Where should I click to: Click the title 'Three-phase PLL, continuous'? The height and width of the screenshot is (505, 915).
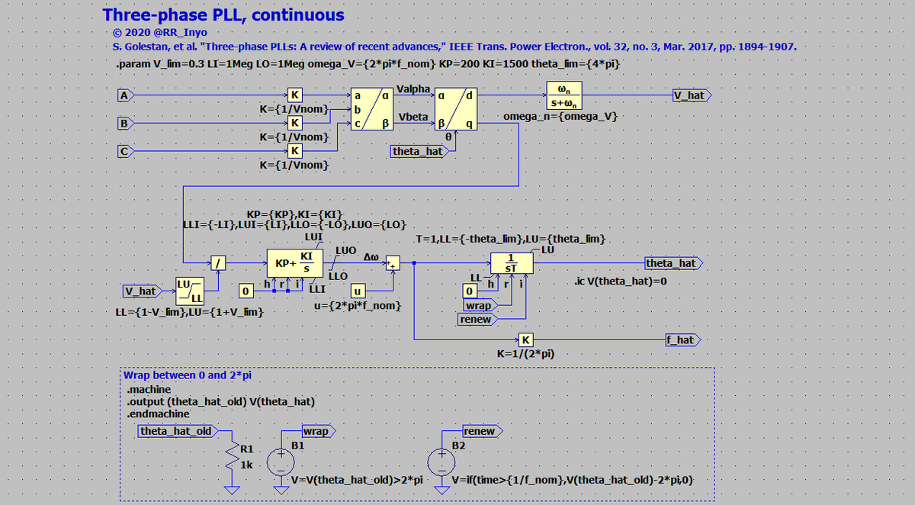coord(223,14)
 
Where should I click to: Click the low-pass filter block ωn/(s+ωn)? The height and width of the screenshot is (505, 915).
coord(566,95)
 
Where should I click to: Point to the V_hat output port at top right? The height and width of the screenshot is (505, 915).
coord(690,95)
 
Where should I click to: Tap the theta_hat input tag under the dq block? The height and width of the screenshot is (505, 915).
coord(416,151)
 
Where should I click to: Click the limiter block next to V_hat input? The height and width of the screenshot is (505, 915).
coord(187,291)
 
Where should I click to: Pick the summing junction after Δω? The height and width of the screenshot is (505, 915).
coord(393,263)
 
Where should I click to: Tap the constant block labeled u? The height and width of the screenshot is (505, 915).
coord(357,291)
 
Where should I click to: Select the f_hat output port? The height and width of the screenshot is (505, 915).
coord(682,339)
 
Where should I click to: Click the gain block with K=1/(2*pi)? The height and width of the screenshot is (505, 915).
coord(525,339)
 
